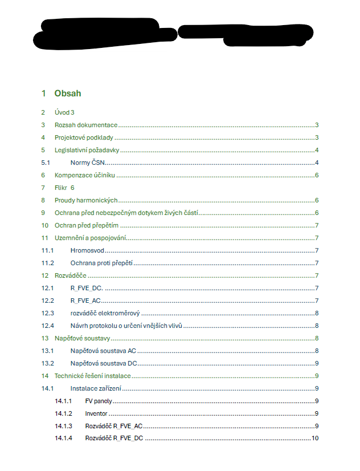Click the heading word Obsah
pos(68,93)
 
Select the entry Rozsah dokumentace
pos(86,125)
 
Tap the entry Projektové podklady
pos(84,137)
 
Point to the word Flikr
pos(62,188)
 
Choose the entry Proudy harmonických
pos(86,200)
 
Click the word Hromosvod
pos(87,250)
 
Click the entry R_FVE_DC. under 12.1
pos(86,288)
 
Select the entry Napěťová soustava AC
pos(103,351)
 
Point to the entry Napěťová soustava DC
pos(103,363)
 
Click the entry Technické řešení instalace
pos(92,376)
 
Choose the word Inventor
pos(96,413)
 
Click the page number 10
pos(314,438)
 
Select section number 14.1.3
pos(64,426)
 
